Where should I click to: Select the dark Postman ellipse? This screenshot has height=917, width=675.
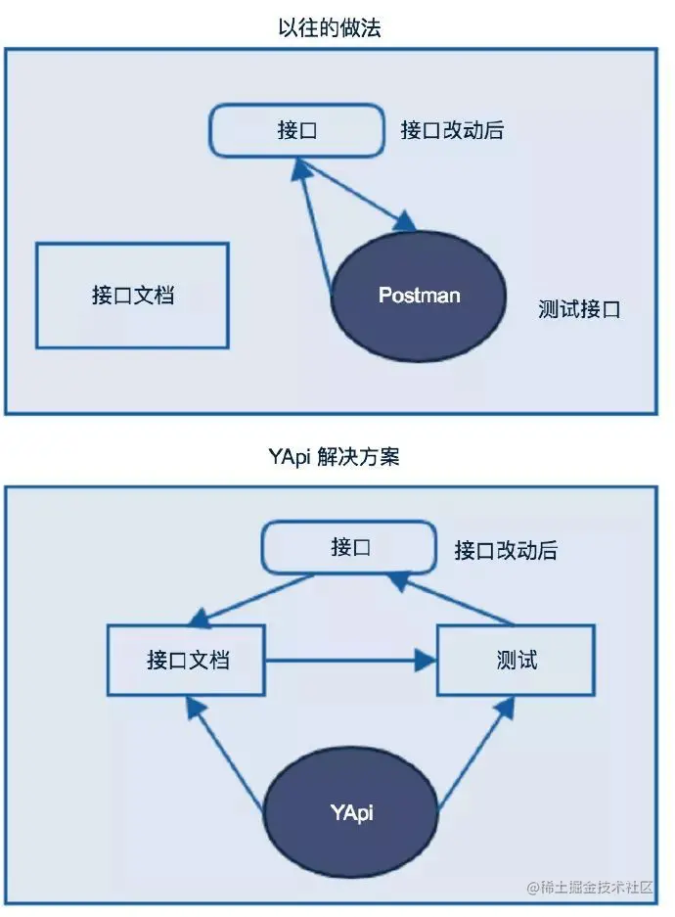click(x=419, y=296)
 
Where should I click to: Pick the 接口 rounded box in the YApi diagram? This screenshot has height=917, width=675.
click(x=349, y=547)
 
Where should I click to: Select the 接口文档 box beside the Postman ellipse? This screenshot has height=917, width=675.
click(x=132, y=296)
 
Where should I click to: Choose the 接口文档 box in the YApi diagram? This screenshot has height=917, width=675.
click(x=187, y=660)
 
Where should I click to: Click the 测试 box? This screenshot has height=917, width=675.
click(x=516, y=660)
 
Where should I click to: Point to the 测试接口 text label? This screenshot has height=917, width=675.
click(x=579, y=310)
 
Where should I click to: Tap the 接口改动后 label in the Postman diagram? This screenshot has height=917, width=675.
click(x=452, y=130)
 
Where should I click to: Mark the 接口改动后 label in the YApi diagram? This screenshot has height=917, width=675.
click(x=506, y=550)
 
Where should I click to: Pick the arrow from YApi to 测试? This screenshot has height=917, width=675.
click(x=474, y=752)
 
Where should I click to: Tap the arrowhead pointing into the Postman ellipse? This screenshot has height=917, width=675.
click(x=408, y=222)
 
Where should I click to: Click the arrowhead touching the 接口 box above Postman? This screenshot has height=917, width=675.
click(x=302, y=169)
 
